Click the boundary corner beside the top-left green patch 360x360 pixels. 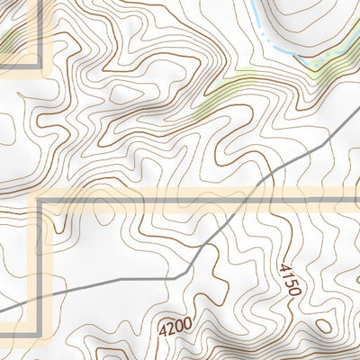[40, 67]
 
